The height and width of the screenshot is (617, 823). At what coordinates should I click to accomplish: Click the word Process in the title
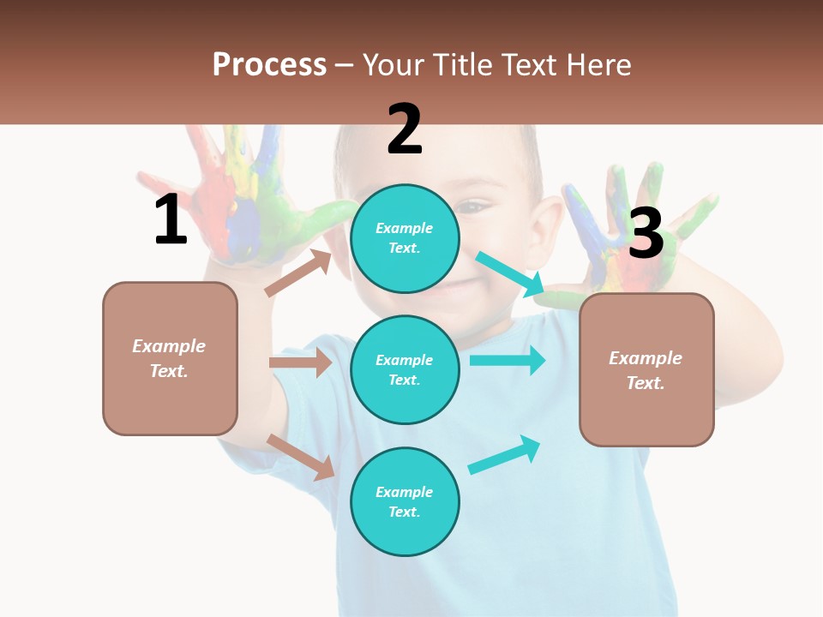[269, 64]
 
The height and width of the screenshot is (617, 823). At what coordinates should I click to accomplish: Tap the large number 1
[171, 220]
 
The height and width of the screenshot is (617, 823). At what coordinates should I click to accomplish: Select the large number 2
[404, 129]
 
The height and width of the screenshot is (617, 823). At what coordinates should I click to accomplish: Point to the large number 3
[646, 233]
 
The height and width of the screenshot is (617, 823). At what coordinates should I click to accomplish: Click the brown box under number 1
[170, 358]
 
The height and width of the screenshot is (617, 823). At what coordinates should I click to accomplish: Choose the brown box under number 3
[646, 369]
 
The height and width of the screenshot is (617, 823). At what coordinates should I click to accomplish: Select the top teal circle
[405, 237]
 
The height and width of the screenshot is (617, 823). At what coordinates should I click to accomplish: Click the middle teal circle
[405, 369]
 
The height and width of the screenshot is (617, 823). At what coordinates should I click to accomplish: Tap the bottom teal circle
[405, 501]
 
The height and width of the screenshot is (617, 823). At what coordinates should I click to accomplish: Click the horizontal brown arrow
[300, 362]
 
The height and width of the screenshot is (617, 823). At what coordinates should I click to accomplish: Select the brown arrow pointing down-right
[301, 457]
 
